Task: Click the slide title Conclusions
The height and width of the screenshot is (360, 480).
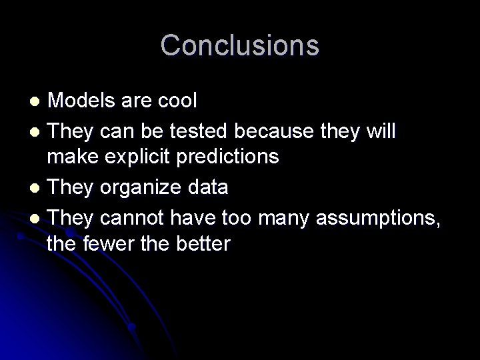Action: point(240,45)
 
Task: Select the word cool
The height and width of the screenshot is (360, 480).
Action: point(176,101)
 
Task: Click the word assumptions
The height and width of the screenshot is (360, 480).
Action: point(379,217)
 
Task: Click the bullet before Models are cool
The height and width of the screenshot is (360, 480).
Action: point(37,102)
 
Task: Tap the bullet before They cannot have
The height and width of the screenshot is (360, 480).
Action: point(37,218)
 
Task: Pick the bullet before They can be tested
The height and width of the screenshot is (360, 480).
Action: point(37,131)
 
